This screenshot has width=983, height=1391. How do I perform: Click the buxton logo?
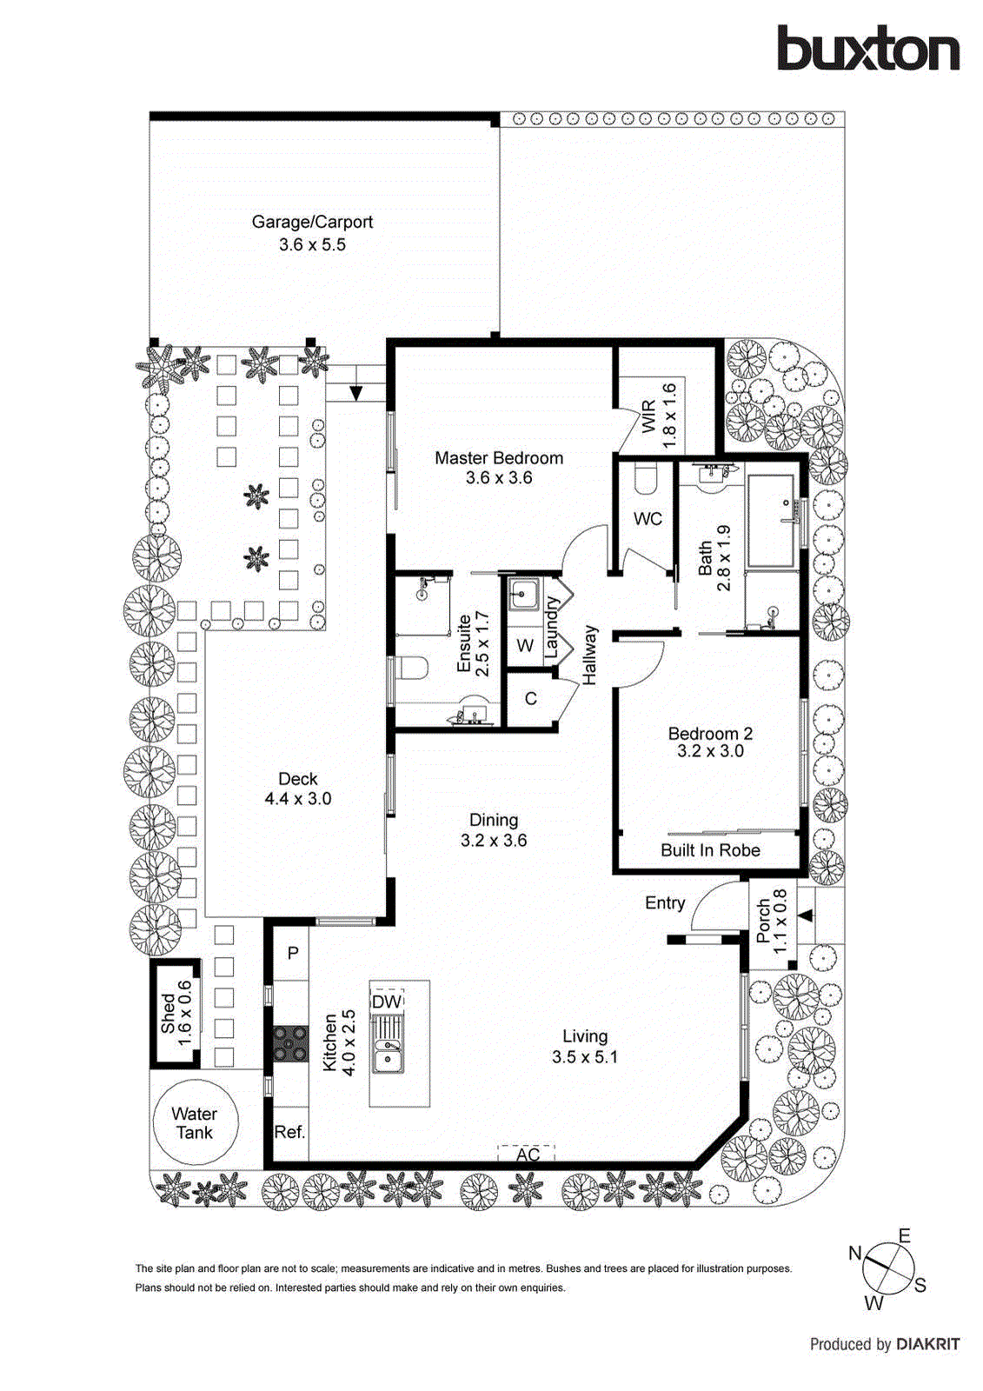(x=867, y=49)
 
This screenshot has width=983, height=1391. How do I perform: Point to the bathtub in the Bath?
(x=772, y=520)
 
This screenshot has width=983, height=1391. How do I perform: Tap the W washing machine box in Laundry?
(x=525, y=645)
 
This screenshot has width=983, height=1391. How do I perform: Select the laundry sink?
(x=524, y=596)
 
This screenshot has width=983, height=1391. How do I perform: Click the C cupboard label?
(x=530, y=699)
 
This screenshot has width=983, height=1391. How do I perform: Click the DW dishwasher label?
(x=387, y=1002)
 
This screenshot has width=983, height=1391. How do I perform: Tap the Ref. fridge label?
(x=289, y=1132)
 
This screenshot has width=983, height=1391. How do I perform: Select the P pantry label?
(x=293, y=953)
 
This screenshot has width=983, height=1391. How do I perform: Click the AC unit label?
(x=528, y=1154)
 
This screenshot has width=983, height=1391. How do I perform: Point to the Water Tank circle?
(x=195, y=1123)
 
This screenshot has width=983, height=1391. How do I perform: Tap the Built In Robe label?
(x=710, y=850)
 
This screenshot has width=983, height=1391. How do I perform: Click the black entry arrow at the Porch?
(x=806, y=915)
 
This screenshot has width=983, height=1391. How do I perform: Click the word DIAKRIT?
(x=927, y=1344)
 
